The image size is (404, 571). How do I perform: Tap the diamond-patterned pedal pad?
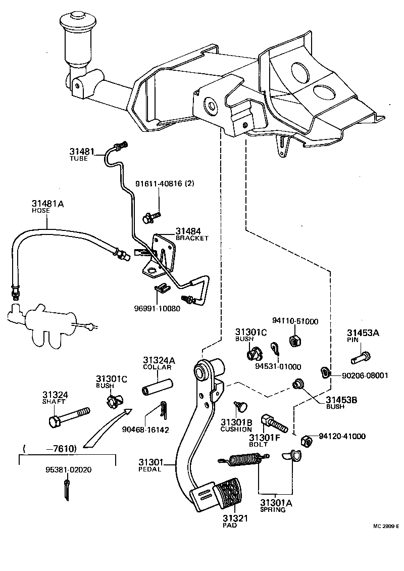pos(229,493)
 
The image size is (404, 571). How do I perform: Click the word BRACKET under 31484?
pos(192,238)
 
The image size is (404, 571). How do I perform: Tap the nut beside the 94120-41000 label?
pos(306,441)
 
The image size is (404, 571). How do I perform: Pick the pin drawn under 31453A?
pos(361,358)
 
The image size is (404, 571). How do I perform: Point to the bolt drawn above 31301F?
pos(273,423)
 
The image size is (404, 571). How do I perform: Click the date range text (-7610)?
pos(50,448)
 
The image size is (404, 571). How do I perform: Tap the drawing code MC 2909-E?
pos(385,526)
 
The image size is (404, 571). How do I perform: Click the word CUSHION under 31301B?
pos(236,429)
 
